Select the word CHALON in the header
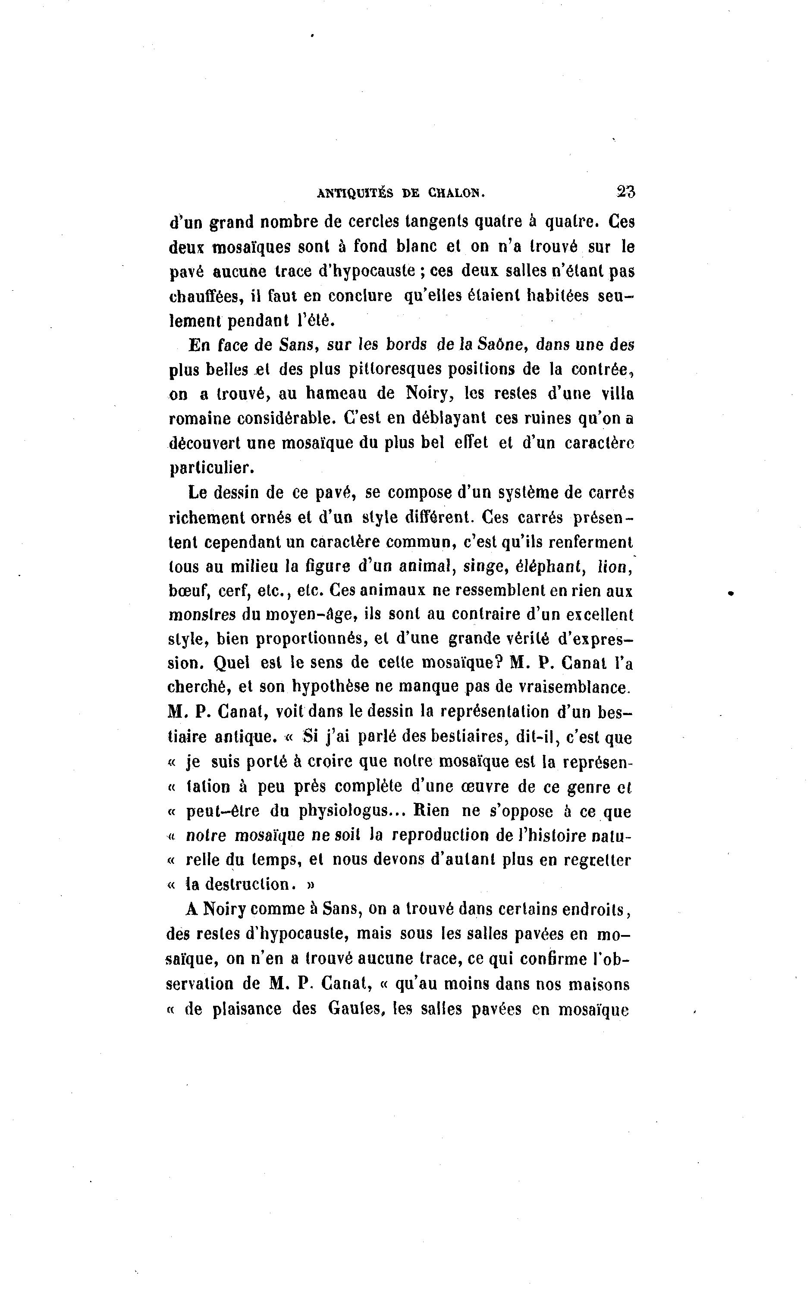pos(455,194)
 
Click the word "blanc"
pos(418,246)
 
